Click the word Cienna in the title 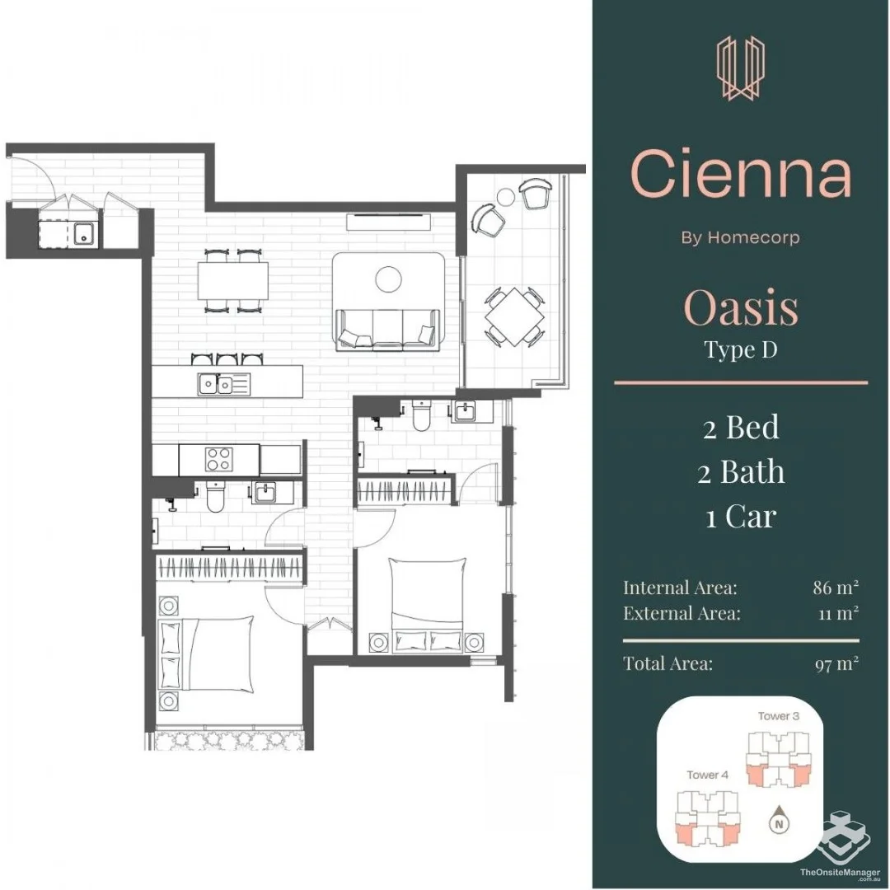point(741,173)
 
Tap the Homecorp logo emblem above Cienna point(741,68)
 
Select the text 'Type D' point(741,349)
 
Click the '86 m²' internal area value point(836,587)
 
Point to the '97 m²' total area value point(836,663)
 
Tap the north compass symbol point(780,821)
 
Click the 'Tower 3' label point(778,716)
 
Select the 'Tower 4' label point(707,775)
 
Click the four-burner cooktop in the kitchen point(218,460)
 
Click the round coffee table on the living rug point(389,279)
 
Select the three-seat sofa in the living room point(388,329)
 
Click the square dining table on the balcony point(514,316)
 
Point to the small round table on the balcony point(505,197)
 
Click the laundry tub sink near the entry point(85,232)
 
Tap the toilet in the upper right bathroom point(422,415)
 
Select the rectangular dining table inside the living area point(233,280)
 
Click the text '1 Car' point(741,517)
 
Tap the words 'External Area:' point(682,613)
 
